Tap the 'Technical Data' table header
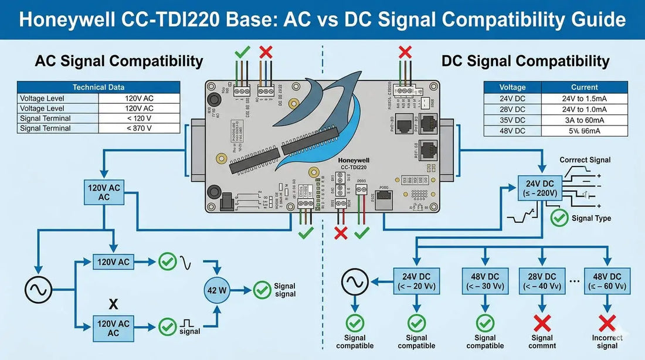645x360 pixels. [98, 87]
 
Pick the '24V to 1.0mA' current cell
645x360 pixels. [584, 109]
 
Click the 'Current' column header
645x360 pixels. [584, 87]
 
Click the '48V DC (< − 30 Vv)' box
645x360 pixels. [485, 282]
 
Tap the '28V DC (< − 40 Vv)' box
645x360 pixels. [542, 282]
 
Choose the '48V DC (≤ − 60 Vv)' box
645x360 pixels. [607, 282]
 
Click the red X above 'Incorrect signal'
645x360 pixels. [607, 322]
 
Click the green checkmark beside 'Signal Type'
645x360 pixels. [559, 218]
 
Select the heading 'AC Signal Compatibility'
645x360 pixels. [119, 61]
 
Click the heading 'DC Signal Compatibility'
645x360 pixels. [525, 61]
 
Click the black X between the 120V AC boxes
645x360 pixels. [114, 305]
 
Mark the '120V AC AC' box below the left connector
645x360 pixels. [104, 193]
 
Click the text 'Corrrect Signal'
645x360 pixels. [585, 159]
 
